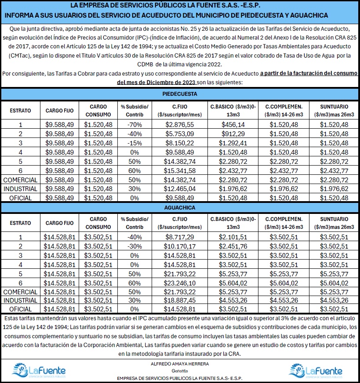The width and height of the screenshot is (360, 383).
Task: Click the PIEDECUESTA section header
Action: click(179, 94)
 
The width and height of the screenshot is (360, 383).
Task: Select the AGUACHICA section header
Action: click(179, 207)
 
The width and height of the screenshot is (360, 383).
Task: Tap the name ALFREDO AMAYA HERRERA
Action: click(179, 364)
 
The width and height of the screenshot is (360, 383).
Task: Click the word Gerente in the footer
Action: click(179, 370)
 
